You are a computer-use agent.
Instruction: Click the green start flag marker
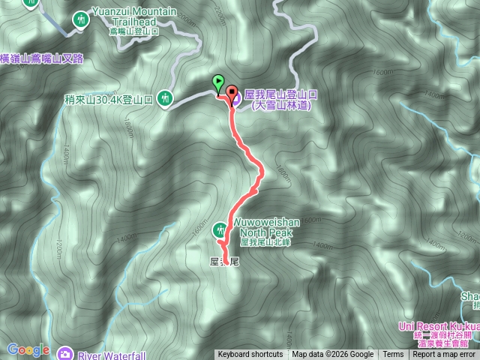(217, 82)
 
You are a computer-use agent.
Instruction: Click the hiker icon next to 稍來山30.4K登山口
(166, 98)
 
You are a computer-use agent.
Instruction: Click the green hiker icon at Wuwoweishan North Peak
(220, 229)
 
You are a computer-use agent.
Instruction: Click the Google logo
(28, 349)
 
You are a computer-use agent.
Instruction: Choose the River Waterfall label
(109, 354)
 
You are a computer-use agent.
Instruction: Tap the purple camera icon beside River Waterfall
(65, 353)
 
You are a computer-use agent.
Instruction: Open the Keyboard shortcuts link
(250, 355)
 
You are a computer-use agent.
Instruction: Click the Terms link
(393, 355)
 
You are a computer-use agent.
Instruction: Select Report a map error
(444, 355)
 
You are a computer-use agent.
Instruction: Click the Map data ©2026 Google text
(332, 355)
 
